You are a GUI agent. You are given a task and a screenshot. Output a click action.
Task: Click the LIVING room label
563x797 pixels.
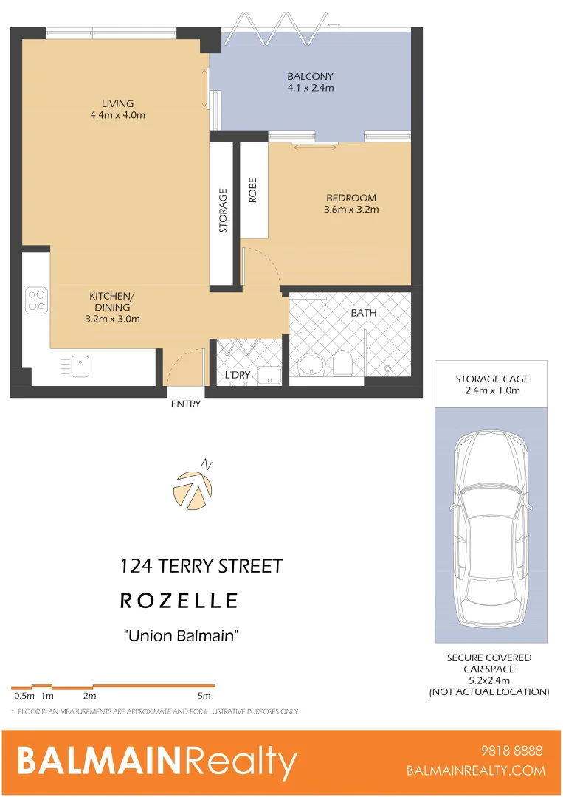click(x=118, y=103)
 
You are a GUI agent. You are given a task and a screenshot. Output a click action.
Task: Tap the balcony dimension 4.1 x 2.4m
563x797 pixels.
click(x=310, y=88)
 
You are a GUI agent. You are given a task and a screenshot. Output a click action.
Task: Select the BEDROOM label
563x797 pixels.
click(x=351, y=198)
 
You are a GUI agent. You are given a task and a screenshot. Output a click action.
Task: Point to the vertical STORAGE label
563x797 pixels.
click(x=223, y=211)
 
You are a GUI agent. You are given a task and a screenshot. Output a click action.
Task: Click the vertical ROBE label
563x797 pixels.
click(x=252, y=192)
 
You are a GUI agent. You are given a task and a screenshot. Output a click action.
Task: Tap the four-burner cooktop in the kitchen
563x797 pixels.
click(x=36, y=299)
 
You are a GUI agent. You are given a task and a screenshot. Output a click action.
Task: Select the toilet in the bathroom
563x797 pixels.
click(x=342, y=362)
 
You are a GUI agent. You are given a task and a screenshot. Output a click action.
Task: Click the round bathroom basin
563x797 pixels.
click(x=310, y=365)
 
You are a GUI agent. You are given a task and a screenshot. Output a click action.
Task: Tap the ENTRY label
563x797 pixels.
click(x=185, y=404)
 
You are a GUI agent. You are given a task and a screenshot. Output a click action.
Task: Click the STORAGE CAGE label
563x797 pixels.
click(x=491, y=379)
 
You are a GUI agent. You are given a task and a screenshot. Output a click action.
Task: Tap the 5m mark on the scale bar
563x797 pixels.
click(x=204, y=695)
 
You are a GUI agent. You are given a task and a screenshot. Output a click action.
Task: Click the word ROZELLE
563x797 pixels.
click(x=179, y=601)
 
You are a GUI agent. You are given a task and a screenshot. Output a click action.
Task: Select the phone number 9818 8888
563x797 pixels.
click(x=511, y=751)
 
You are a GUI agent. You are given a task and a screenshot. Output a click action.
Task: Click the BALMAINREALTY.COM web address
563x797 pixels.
click(x=476, y=770)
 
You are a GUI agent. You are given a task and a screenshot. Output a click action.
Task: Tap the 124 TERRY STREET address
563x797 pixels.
click(x=201, y=566)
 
